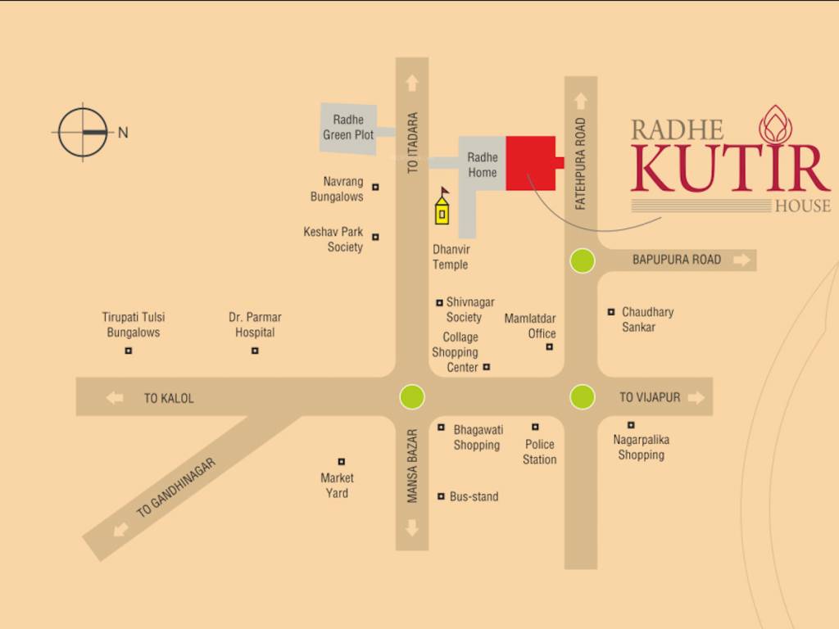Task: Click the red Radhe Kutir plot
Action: [x=531, y=163]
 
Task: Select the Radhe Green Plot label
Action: [x=348, y=128]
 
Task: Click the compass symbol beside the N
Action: [x=83, y=132]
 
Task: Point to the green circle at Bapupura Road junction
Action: [x=582, y=261]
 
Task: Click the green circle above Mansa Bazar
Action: [x=412, y=397]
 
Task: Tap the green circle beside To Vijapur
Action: [x=582, y=397]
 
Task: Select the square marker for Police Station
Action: [x=535, y=427]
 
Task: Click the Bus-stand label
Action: [x=474, y=496]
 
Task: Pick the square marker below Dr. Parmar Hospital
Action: [x=255, y=351]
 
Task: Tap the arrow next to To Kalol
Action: [x=115, y=398]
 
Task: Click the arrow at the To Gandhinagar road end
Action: [x=122, y=529]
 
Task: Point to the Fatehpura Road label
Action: [x=581, y=164]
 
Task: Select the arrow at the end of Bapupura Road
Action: [x=741, y=260]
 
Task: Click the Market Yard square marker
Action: [x=342, y=462]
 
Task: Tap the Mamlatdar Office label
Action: [x=530, y=326]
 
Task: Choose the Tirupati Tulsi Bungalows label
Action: [x=134, y=324]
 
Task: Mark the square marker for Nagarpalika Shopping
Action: [x=631, y=424]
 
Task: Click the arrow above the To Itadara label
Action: [x=412, y=83]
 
